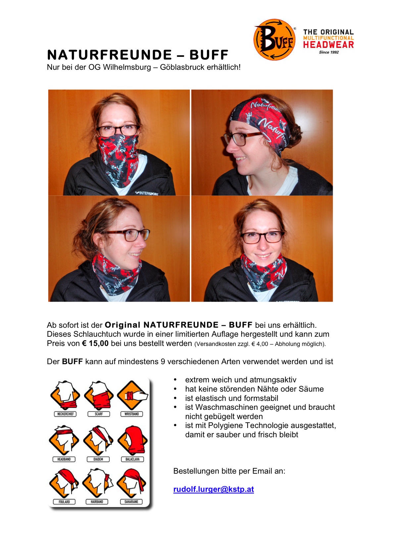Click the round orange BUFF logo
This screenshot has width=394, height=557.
tap(274, 40)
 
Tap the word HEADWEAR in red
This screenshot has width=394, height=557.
tap(328, 45)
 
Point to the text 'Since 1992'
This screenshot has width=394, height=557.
tap(329, 52)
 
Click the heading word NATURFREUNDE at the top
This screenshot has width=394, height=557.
tap(110, 55)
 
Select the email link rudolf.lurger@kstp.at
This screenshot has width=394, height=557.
tap(214, 489)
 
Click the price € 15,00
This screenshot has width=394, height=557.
tap(95, 343)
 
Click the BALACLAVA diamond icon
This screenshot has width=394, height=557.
tap(132, 440)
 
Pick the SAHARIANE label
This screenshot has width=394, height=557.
tap(131, 501)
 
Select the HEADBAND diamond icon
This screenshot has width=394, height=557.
tap(64, 440)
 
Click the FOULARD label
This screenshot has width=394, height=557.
tap(64, 501)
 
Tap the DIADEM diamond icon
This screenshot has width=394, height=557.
tap(98, 440)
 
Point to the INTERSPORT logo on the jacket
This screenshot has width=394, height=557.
tap(147, 193)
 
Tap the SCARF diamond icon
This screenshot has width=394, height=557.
tap(99, 395)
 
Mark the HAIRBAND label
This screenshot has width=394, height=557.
tap(97, 501)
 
